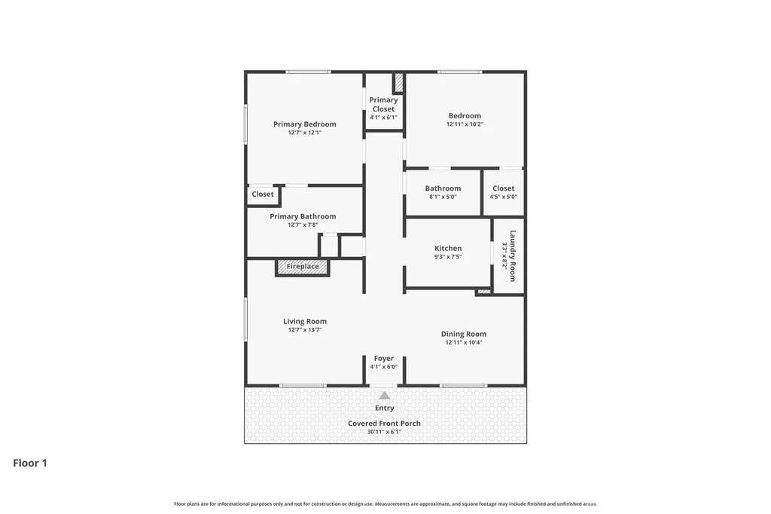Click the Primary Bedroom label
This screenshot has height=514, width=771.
pos(305,124)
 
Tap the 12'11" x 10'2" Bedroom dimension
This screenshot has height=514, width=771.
pos(465,124)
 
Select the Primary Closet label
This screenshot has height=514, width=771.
pos(383,104)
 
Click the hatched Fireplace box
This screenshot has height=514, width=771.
pos(303,267)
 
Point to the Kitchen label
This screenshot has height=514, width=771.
pos(448,248)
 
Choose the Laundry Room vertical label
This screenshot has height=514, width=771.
pos(512,256)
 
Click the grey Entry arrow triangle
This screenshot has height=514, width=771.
pos(384,396)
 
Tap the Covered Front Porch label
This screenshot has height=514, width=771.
pos(384,424)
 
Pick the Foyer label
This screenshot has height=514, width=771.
pos(383,359)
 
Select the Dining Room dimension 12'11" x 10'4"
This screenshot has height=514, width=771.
pos(464,342)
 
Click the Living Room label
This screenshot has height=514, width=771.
pos(305,322)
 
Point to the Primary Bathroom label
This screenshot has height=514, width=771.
pos(303,216)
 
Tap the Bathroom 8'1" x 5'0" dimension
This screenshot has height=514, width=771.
pos(443,197)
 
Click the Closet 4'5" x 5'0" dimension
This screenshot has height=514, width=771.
pos(504,197)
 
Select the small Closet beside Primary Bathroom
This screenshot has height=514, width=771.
pos(263,194)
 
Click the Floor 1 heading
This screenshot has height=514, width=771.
pos(30,463)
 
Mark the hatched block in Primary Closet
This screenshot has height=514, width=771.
pos(399,83)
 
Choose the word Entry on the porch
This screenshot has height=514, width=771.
pos(384,408)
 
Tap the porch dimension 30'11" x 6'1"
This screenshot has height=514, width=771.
pos(384,432)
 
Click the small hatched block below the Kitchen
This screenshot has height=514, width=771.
pos(484,292)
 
